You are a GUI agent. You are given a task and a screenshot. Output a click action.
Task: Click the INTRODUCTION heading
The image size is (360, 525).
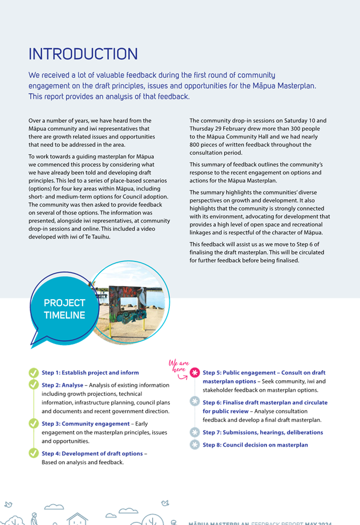click(x=83, y=54)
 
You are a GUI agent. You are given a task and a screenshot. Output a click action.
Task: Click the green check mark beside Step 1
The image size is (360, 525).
click(x=33, y=373)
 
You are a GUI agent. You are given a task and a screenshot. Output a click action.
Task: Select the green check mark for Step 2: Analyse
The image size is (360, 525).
click(x=33, y=385)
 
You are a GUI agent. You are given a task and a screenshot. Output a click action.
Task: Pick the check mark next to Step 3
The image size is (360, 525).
click(x=33, y=424)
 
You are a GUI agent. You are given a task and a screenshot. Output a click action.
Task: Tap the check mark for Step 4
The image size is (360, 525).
click(x=33, y=453)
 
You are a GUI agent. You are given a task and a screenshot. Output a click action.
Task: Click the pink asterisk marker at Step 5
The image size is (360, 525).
click(x=194, y=373)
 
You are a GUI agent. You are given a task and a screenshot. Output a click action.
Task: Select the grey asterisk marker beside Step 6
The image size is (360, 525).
click(x=194, y=402)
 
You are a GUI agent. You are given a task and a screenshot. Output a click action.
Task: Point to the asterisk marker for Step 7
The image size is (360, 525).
click(x=194, y=432)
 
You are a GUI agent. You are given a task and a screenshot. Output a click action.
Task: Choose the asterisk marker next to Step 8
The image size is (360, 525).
click(x=194, y=445)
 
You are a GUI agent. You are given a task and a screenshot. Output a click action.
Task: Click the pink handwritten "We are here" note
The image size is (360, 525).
click(x=177, y=366)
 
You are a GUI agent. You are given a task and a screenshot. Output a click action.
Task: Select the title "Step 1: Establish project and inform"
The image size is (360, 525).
click(x=90, y=373)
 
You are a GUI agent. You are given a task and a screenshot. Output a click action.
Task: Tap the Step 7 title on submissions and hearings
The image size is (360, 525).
click(x=263, y=432)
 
